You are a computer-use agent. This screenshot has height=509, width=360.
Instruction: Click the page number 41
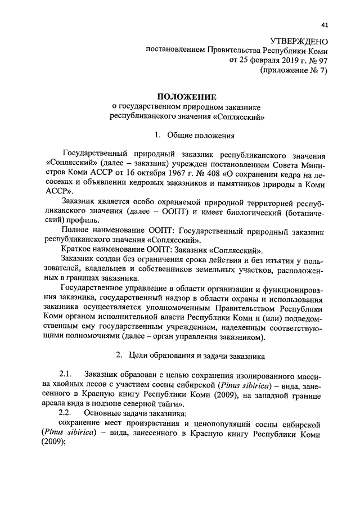tap(325, 24)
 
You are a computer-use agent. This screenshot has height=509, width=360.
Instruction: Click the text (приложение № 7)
tap(293, 70)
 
